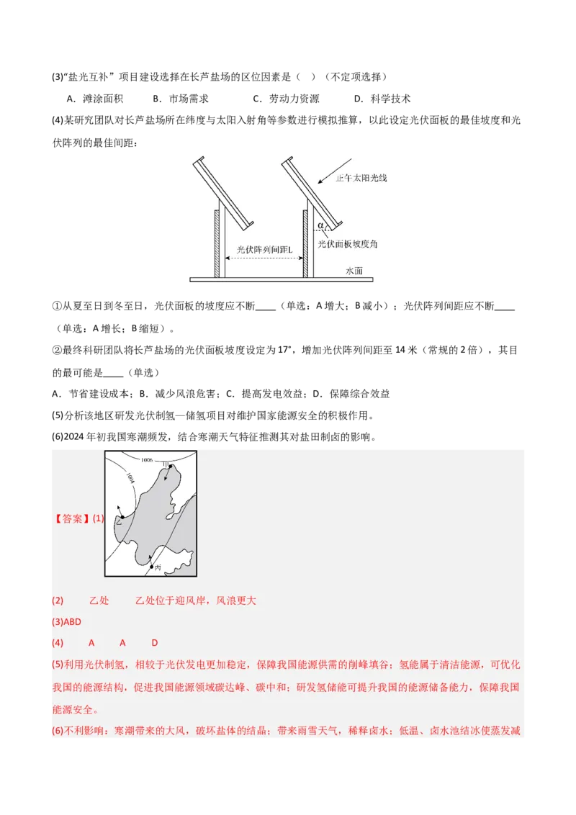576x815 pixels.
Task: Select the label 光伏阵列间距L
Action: (x=264, y=250)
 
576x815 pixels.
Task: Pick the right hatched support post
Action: (x=305, y=243)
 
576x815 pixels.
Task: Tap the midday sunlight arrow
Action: (x=336, y=170)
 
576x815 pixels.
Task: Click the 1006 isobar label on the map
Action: (x=147, y=459)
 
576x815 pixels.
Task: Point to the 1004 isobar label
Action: (x=130, y=477)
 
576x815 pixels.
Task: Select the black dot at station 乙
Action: (x=122, y=517)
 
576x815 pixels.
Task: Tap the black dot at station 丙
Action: (x=150, y=567)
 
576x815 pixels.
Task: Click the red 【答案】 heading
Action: (x=71, y=518)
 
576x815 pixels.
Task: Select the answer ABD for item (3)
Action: (x=73, y=621)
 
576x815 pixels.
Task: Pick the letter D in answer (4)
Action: (x=154, y=642)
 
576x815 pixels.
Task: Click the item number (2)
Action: (x=58, y=600)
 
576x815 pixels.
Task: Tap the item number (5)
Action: (x=58, y=664)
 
